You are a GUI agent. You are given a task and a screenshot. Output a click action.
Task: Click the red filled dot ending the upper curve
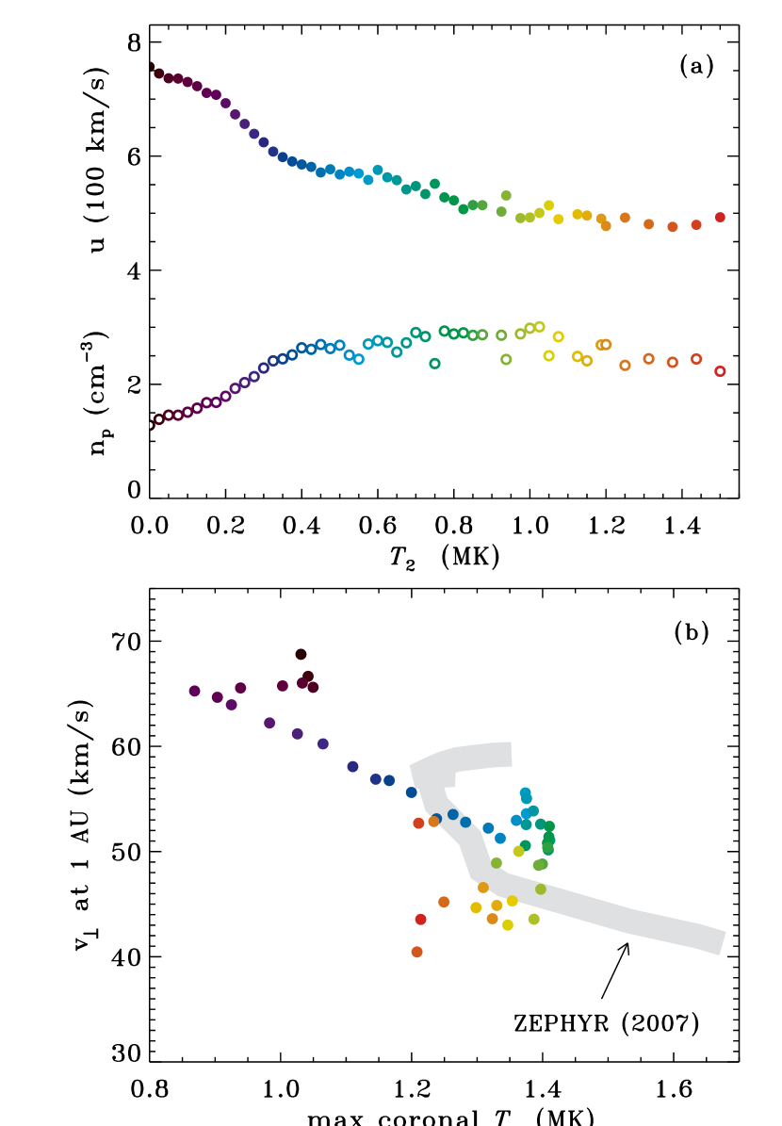click(720, 217)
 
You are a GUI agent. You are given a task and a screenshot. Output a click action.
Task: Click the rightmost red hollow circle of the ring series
click(720, 371)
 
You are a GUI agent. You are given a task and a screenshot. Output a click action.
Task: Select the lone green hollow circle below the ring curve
click(434, 363)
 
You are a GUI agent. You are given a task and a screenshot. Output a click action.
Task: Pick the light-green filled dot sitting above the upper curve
click(506, 195)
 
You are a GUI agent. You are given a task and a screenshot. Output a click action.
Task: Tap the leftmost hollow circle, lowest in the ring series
click(150, 425)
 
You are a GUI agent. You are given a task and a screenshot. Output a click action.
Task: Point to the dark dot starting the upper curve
click(151, 67)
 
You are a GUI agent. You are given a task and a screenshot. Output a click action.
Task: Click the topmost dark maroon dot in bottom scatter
click(301, 654)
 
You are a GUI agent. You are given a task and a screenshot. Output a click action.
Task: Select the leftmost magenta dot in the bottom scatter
click(194, 691)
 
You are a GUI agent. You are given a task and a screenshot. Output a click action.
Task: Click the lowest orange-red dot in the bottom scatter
click(416, 952)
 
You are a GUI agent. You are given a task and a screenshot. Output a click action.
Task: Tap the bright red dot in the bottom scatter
click(420, 919)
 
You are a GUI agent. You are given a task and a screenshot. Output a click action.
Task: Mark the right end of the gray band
click(721, 942)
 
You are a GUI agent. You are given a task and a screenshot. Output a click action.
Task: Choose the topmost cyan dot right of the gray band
click(525, 792)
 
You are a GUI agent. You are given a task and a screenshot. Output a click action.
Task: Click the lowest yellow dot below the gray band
click(508, 924)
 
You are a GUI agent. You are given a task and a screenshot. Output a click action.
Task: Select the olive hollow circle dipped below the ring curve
click(506, 359)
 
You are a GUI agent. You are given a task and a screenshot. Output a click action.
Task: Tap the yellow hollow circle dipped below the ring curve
click(548, 355)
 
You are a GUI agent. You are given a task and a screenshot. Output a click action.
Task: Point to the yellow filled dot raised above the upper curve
click(548, 204)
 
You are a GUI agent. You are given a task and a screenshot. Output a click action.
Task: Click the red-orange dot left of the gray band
click(418, 823)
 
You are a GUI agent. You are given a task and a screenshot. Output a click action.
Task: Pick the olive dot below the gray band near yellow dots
click(534, 919)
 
